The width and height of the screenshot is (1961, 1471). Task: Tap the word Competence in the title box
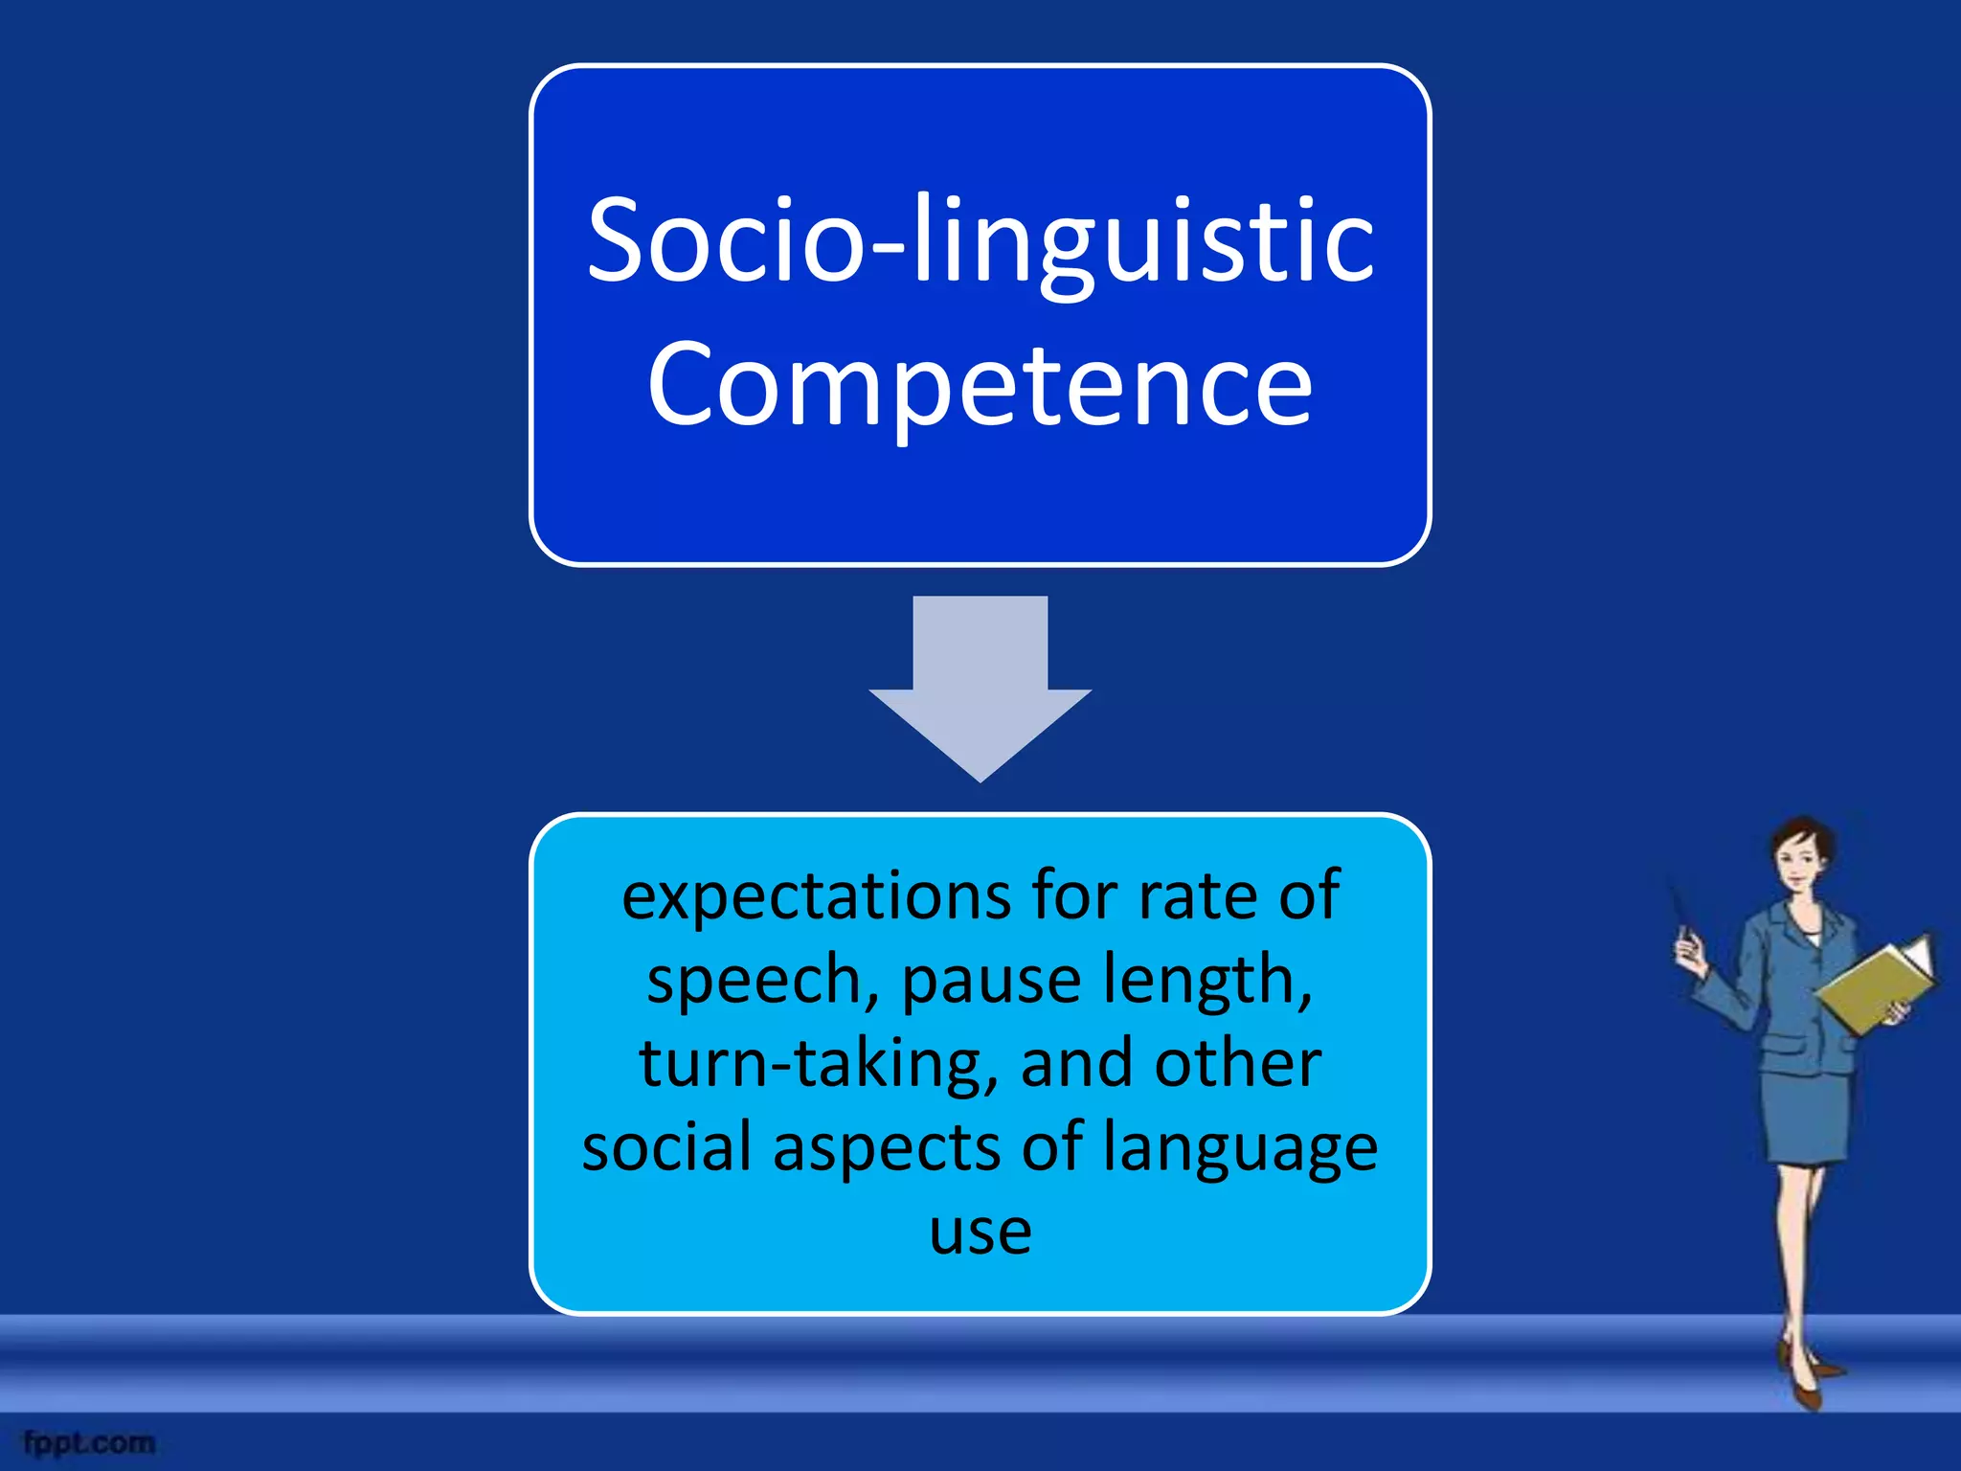(x=980, y=385)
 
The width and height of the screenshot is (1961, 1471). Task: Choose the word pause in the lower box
(x=992, y=981)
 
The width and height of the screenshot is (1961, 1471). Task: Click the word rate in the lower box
(x=1191, y=897)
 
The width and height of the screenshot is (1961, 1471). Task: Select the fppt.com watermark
(x=89, y=1442)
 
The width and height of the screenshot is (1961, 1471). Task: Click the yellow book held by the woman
(x=1873, y=986)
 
